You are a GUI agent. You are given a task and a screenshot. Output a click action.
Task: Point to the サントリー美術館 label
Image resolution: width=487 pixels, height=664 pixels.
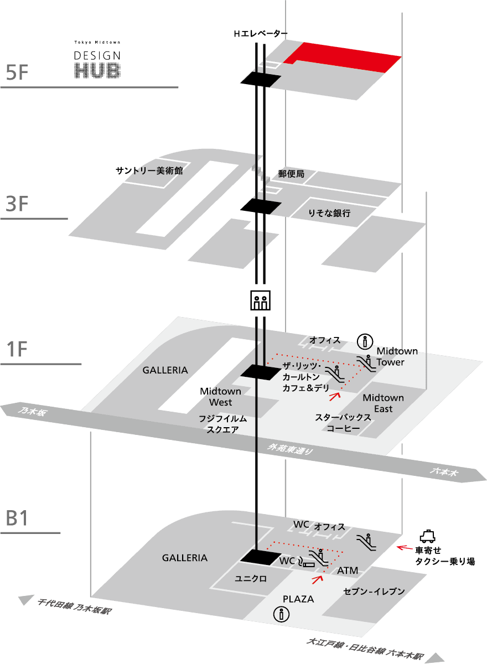[149, 170]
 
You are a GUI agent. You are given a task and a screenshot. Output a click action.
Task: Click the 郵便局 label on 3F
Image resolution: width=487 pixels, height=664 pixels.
[291, 174]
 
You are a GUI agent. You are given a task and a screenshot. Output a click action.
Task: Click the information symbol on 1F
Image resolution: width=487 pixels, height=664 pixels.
[363, 340]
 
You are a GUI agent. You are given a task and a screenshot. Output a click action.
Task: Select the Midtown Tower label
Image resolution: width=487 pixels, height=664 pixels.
[397, 357]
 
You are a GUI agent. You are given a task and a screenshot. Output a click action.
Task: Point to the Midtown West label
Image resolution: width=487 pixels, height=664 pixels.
[220, 397]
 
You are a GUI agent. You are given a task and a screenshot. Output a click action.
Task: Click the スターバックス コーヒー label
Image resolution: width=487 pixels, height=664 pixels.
[343, 423]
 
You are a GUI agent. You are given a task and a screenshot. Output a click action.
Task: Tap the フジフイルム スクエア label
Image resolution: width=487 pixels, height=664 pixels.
[222, 424]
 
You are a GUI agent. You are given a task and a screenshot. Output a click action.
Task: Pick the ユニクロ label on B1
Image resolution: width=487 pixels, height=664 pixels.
[251, 579]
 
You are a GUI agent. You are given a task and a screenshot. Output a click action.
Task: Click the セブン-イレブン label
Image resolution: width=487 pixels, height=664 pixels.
[374, 592]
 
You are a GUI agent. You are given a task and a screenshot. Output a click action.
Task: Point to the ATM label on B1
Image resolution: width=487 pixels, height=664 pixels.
[348, 570]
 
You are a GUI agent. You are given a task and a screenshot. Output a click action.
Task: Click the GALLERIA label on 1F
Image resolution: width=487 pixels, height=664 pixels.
[165, 370]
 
